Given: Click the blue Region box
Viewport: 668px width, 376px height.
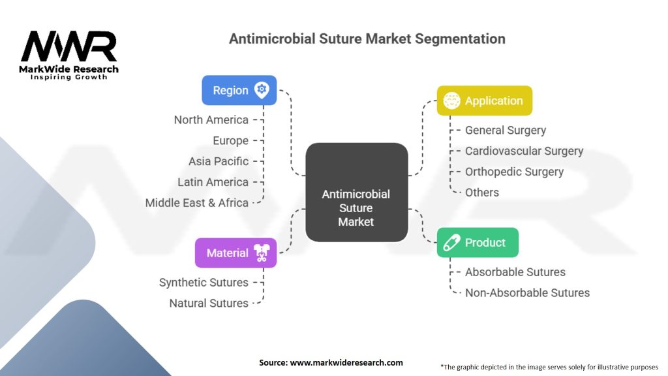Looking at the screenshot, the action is click(239, 90).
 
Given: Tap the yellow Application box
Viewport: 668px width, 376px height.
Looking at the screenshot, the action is click(485, 101).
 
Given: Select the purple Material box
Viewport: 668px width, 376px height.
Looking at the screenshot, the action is click(235, 253).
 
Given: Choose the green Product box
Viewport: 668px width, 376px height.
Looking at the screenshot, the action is click(478, 243).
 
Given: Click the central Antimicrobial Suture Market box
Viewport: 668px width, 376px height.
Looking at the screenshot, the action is click(357, 193).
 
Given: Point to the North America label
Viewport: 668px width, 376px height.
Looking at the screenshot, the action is click(211, 120).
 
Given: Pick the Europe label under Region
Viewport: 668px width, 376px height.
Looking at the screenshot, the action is click(230, 141).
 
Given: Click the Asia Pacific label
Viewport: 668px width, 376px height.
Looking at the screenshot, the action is click(219, 161).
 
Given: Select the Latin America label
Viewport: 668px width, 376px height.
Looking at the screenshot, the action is click(213, 182).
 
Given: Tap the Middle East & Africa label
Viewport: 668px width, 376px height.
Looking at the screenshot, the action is click(197, 203).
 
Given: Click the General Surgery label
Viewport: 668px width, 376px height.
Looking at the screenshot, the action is click(506, 131).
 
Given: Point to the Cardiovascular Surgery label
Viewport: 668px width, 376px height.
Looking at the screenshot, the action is click(524, 151).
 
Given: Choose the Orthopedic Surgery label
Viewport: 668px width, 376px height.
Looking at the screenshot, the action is click(514, 172).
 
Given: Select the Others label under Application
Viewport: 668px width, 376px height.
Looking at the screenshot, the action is click(482, 193).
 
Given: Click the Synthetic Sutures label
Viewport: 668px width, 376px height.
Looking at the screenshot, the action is click(204, 282).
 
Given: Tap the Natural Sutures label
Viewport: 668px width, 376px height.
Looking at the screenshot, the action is click(209, 303).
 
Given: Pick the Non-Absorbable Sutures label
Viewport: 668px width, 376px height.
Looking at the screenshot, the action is click(527, 293).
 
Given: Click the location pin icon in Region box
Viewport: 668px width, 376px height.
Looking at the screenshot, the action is click(262, 90).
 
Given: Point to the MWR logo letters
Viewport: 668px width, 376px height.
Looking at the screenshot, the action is click(69, 46).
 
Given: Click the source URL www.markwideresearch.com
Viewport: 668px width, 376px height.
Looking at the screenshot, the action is click(346, 363).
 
